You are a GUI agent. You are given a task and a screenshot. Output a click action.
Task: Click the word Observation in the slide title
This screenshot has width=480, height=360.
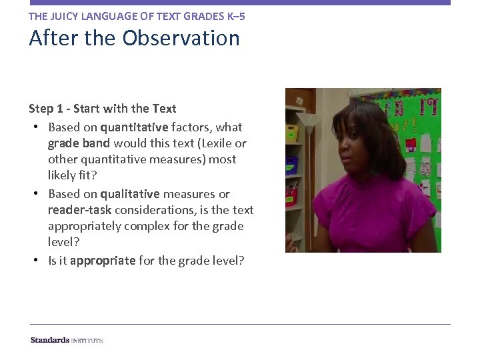coord(181,38)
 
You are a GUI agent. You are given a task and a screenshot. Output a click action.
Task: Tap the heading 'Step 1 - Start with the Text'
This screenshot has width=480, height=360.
coord(103,109)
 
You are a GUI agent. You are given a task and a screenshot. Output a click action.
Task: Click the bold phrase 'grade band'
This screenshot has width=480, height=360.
coord(79,143)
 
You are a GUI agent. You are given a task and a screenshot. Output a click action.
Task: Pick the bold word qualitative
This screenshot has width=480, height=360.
coord(130,194)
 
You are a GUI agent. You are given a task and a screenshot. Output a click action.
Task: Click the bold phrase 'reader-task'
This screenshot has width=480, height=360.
coord(79,210)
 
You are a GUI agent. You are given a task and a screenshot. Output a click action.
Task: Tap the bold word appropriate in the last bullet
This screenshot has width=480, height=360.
coord(103,261)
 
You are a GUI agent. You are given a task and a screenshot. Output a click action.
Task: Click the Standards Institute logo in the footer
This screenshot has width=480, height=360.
coord(66,340)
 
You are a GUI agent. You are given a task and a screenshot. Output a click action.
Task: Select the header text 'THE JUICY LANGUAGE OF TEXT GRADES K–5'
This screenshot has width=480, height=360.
coord(137,15)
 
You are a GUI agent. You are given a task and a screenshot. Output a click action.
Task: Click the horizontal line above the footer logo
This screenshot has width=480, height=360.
coord(240,325)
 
